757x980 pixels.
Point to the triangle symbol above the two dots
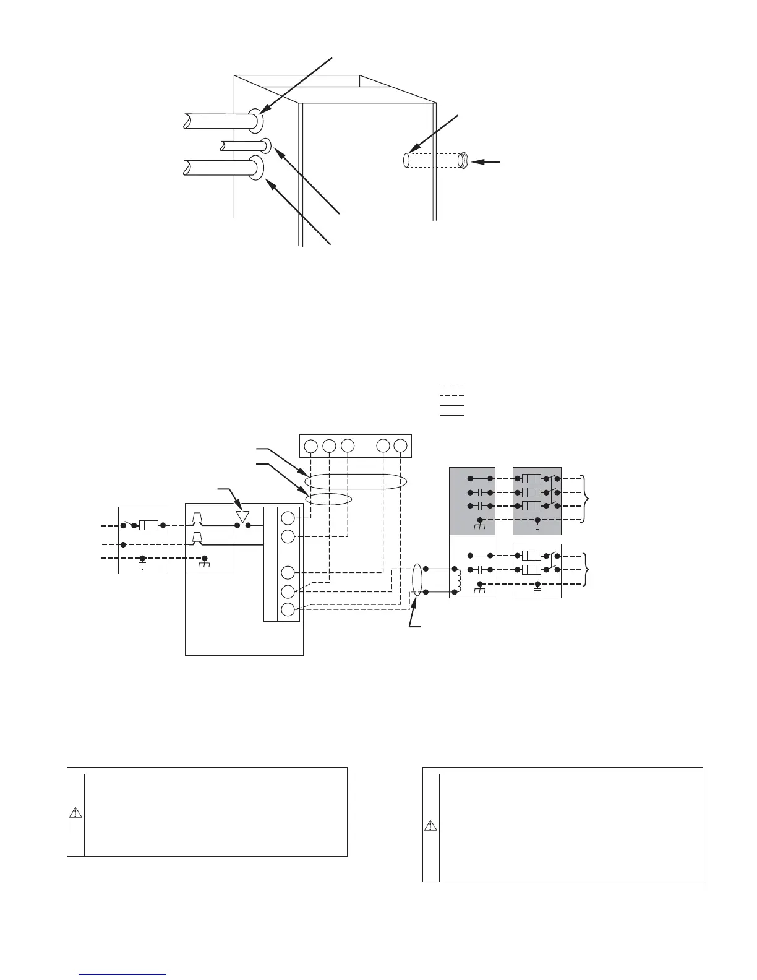tap(242, 515)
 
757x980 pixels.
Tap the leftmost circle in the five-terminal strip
tap(311, 445)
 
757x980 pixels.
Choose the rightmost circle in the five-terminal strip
tap(401, 445)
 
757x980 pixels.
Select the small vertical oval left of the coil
tap(417, 580)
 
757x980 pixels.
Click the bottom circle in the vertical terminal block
tap(288, 609)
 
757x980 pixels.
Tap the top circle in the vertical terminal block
tap(288, 518)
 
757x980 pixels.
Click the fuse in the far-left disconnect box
tap(148, 525)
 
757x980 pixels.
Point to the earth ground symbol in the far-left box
tap(143, 565)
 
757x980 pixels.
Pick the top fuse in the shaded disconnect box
tap(532, 478)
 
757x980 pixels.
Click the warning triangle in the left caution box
tap(75, 813)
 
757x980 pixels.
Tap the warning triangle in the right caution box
tap(431, 826)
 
